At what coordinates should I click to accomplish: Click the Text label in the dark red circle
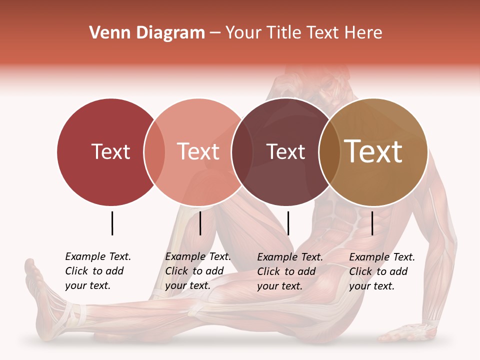coord(110,151)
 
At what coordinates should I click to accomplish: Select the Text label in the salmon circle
coord(198,151)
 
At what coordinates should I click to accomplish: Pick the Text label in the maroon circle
coord(285,151)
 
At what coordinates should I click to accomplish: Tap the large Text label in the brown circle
coord(373,151)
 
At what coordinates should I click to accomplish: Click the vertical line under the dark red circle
coord(112,223)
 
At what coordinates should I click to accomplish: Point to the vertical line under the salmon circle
coord(200,223)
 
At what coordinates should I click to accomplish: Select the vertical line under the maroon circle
coord(288,223)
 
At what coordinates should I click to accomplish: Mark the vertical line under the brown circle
coord(372,223)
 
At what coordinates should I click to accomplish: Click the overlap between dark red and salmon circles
coord(154,152)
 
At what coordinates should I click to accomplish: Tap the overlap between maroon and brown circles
coord(329,152)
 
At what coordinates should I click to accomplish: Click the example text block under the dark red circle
coord(98,271)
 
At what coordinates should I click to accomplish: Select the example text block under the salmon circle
coord(198,271)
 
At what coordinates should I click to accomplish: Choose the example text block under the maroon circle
coord(290,271)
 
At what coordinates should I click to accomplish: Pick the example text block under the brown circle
coord(382,271)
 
